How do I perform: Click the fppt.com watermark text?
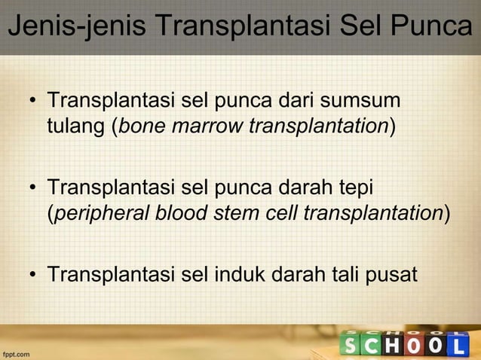[16, 352]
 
